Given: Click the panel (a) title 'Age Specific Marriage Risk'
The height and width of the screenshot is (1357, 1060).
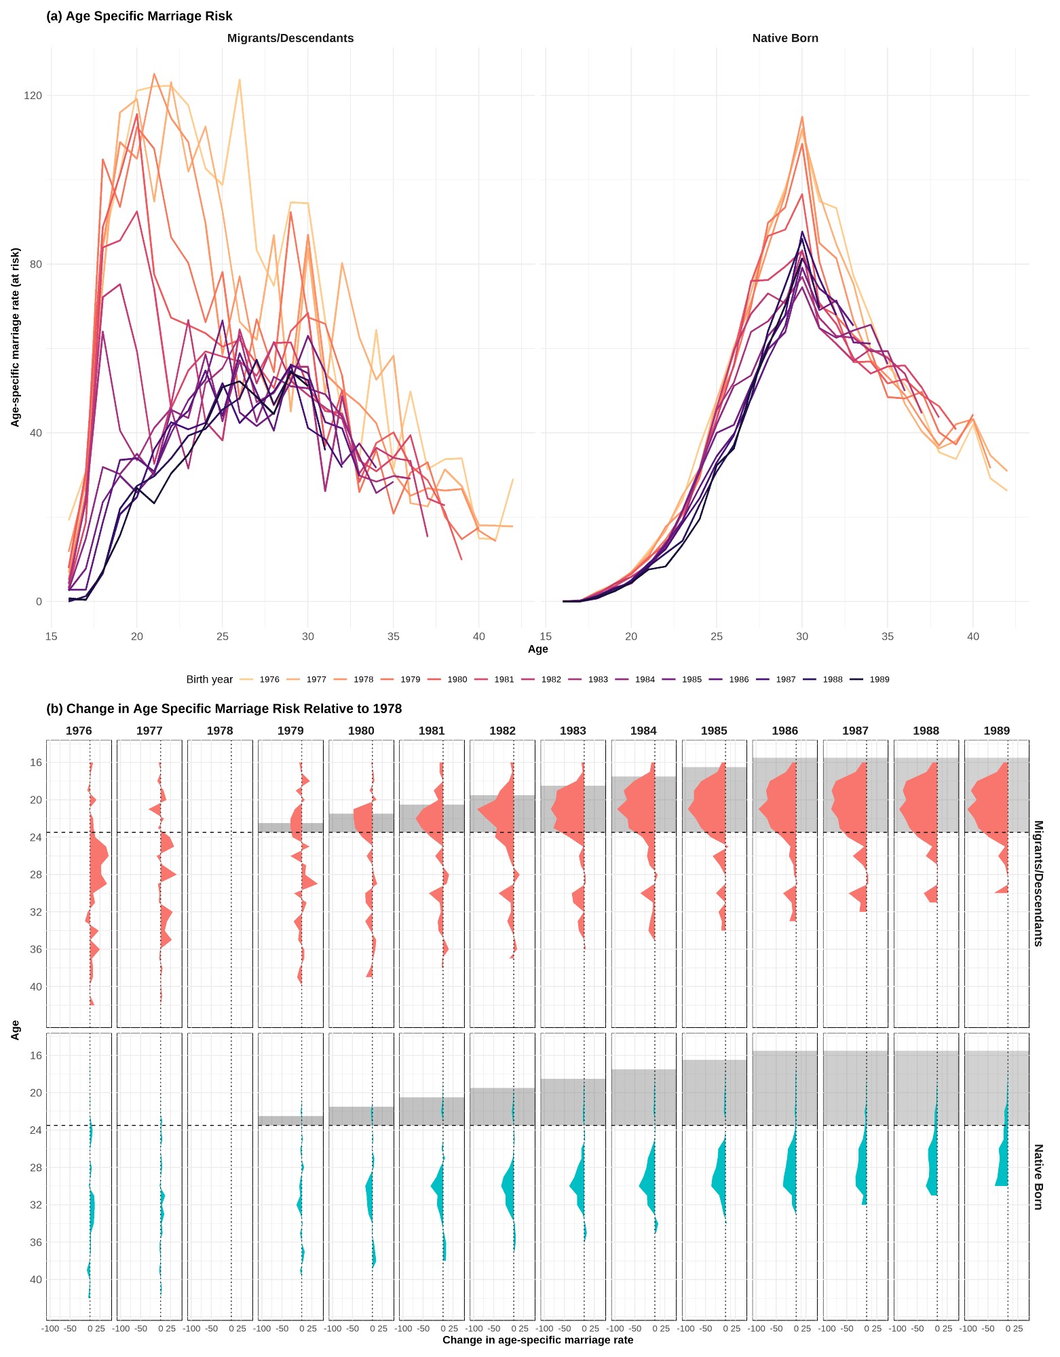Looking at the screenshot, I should coord(139,16).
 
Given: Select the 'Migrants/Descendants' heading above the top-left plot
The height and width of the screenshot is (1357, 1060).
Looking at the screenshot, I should coord(290,39).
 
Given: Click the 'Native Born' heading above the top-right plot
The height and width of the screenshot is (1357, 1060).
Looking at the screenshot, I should coord(785,39).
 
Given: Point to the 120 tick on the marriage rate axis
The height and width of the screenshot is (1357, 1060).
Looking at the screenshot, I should coord(33,96).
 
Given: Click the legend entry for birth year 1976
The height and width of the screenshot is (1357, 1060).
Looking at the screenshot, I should coord(261,679).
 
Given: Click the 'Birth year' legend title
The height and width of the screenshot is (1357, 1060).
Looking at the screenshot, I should coord(210,680).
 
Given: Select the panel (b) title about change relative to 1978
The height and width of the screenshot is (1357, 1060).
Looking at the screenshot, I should coord(224,709).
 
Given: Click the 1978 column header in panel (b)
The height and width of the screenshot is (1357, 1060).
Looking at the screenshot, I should coord(220,731).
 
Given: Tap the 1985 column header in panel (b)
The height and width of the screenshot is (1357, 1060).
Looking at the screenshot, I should coord(714,731).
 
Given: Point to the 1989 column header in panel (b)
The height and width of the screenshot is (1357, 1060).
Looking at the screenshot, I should coord(996,731).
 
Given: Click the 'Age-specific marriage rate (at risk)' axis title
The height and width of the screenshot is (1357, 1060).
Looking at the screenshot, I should coord(15,337).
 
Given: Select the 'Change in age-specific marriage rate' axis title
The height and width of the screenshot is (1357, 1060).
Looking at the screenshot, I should coord(537,1340).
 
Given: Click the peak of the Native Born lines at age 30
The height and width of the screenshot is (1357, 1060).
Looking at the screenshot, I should coord(802,117).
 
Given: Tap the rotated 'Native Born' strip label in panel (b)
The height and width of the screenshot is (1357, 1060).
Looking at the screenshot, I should coord(1038,1177).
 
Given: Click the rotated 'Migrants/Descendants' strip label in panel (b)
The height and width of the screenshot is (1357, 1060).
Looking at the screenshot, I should coord(1038,883).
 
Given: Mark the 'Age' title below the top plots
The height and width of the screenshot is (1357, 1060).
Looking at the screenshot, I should coord(537,649).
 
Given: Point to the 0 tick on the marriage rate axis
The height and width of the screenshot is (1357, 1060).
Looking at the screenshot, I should coord(39,602).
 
